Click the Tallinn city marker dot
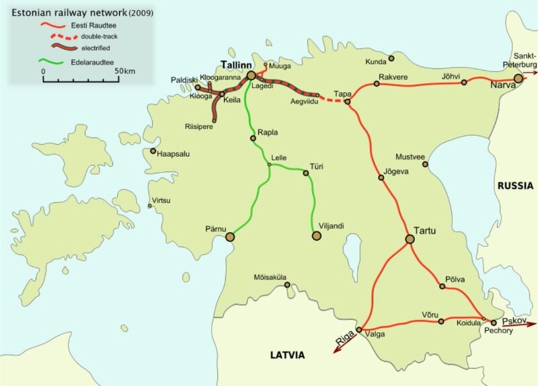251,76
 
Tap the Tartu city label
424,231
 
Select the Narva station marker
518,79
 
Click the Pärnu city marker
230,236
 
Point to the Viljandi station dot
316,235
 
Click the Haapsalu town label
173,154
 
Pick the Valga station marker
359,330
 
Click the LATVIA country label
288,354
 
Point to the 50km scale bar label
125,71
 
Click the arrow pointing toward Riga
342,342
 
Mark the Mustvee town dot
425,163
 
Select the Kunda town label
376,62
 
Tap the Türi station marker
306,173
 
